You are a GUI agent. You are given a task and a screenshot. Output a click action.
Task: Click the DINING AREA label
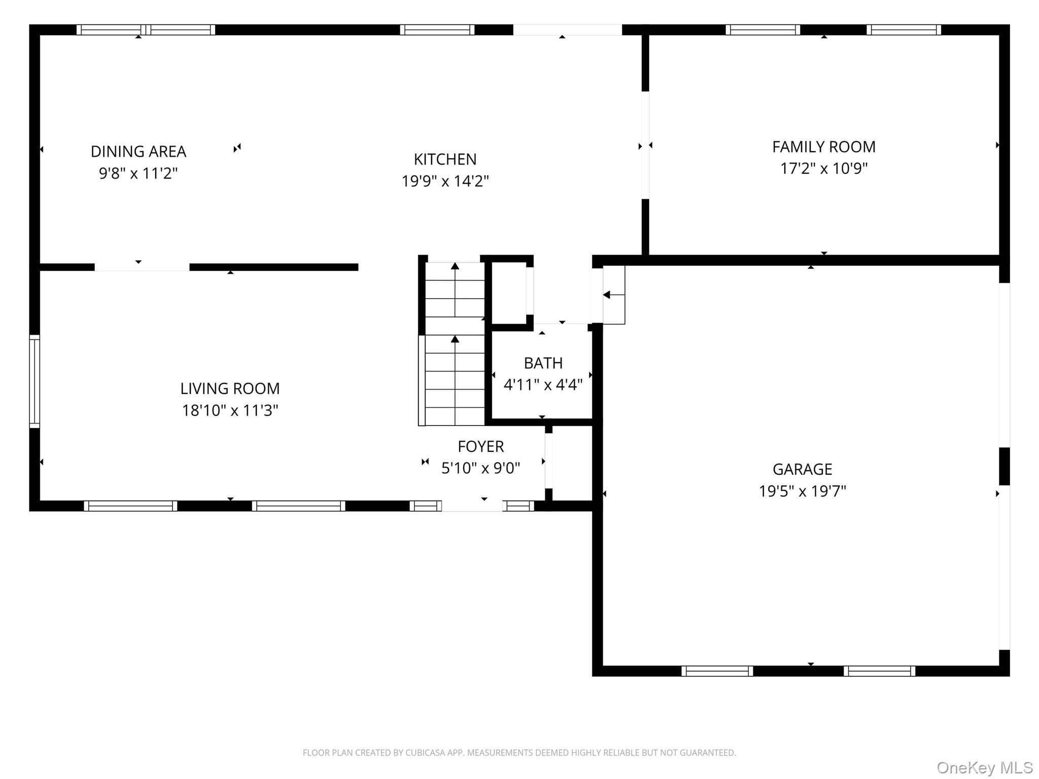coord(138,151)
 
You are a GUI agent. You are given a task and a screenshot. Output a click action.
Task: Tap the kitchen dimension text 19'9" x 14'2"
coord(445,181)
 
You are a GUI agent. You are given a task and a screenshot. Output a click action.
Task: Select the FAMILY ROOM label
coord(823,147)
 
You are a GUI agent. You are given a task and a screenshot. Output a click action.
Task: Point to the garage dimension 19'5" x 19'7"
coord(802,491)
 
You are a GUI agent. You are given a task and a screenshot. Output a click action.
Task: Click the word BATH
coord(543,363)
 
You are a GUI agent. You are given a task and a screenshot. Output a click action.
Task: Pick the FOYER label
coord(480,446)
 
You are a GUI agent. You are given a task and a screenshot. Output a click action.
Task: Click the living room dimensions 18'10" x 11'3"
coord(230,410)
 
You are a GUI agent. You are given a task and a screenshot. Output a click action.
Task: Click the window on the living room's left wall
coord(34,381)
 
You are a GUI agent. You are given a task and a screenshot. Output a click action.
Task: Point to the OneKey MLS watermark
coord(984,767)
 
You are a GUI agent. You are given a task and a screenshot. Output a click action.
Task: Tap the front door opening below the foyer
coord(472,506)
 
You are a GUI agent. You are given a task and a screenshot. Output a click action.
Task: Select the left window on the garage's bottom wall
coord(717,671)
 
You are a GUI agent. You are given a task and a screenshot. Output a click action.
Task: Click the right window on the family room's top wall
coord(904,30)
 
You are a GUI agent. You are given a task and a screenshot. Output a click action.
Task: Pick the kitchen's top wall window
coord(437,30)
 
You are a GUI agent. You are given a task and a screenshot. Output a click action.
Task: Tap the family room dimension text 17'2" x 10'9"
coord(823,168)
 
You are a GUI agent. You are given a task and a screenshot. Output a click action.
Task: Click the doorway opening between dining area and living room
coord(142,267)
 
